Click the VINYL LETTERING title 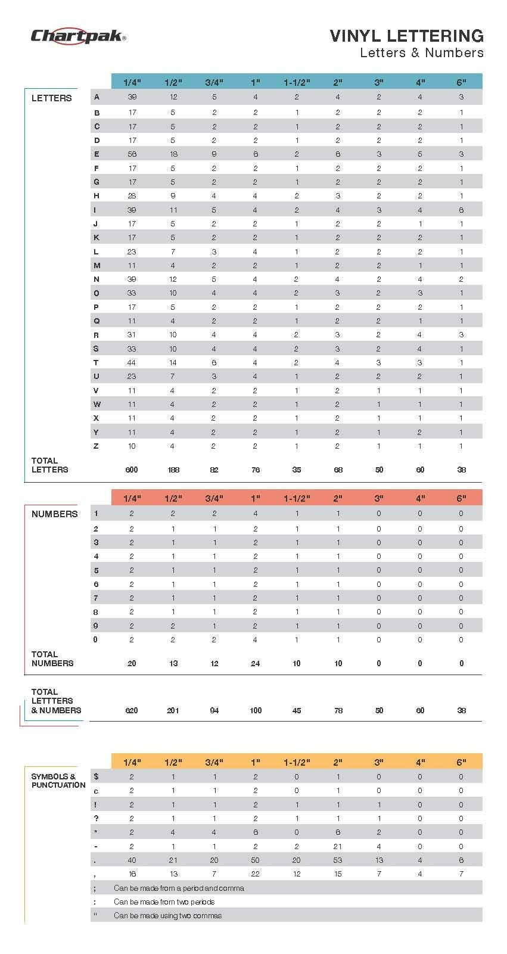406,36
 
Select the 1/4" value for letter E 132,154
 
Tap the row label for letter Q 97,321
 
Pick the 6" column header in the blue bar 461,82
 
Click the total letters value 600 132,470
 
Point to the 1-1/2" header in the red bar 297,498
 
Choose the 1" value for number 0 255,640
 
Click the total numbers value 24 255,663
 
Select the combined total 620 132,710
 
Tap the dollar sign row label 97,777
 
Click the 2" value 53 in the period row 338,860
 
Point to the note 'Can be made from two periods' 164,902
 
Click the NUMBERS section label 54,514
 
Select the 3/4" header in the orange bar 214,762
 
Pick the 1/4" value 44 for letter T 132,363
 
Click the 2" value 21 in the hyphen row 338,847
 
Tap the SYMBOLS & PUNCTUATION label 58,781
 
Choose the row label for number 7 96,598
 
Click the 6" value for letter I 461,210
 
